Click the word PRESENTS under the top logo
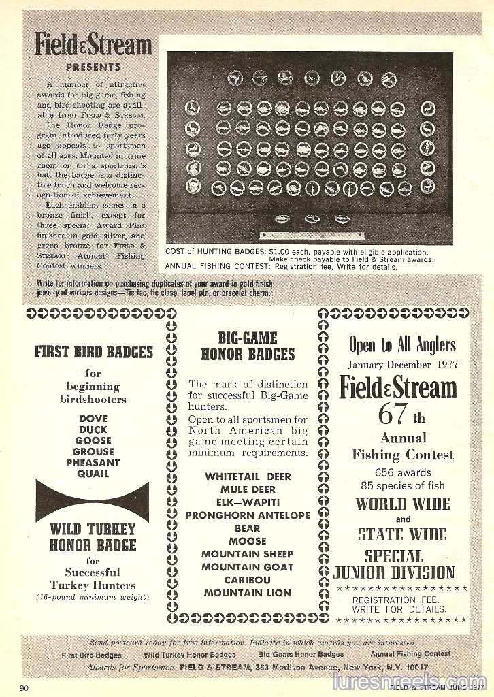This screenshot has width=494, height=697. [93, 67]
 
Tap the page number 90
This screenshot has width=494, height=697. [24, 688]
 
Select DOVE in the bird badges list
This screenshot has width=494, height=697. [93, 419]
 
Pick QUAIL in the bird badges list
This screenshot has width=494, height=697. [93, 474]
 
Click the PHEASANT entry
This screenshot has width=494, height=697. [93, 463]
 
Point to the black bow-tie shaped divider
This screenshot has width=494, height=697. [92, 501]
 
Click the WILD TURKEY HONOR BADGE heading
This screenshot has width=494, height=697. [93, 537]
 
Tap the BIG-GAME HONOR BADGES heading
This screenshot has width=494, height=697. [248, 346]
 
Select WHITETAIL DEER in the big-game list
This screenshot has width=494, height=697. [248, 476]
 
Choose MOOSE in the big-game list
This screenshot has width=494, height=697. [248, 541]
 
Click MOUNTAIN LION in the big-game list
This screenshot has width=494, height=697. [248, 593]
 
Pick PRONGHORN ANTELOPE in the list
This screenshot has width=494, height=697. [248, 515]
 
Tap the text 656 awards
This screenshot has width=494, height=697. [403, 472]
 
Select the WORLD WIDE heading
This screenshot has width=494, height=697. [403, 504]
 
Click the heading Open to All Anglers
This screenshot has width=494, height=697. [403, 344]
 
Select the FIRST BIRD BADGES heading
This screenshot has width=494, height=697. [94, 352]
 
